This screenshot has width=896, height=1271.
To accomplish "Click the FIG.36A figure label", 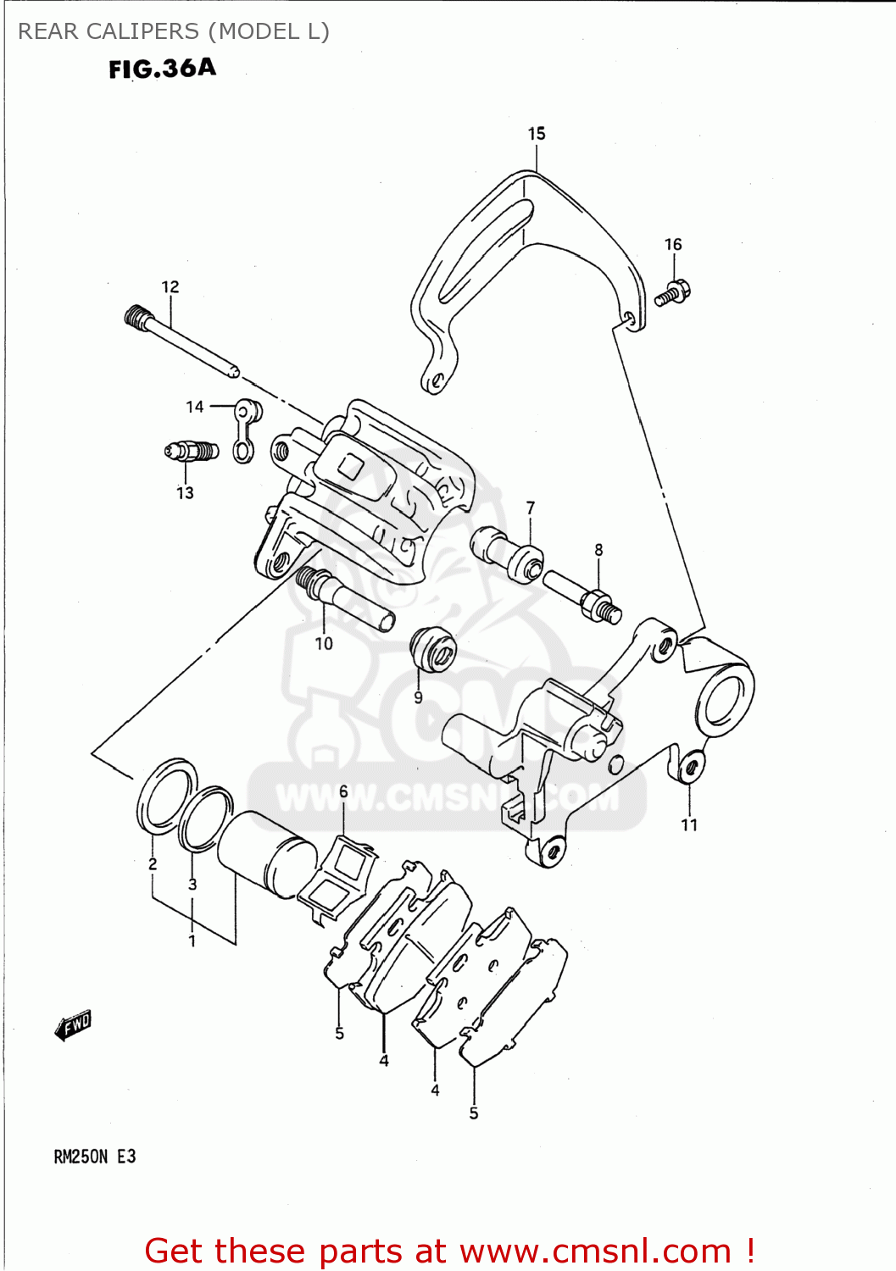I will click(x=162, y=69).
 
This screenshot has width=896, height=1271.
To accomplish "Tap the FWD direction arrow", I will click(x=73, y=1025).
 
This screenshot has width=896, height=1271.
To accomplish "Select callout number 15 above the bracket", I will click(x=537, y=134).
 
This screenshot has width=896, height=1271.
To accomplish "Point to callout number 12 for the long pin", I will click(x=170, y=287).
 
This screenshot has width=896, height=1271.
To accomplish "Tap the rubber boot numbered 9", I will click(x=432, y=650).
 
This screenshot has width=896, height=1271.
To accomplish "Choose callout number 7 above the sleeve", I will click(x=531, y=508).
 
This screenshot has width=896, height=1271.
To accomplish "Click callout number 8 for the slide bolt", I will click(x=598, y=550).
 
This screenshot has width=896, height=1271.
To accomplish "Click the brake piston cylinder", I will click(x=268, y=854).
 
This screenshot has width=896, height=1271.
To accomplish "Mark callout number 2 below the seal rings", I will click(x=153, y=864).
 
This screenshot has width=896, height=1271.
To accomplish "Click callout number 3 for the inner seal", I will click(x=192, y=884).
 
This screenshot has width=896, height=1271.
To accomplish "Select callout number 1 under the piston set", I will click(x=192, y=941).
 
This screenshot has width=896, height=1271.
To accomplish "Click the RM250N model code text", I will click(x=81, y=1157).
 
